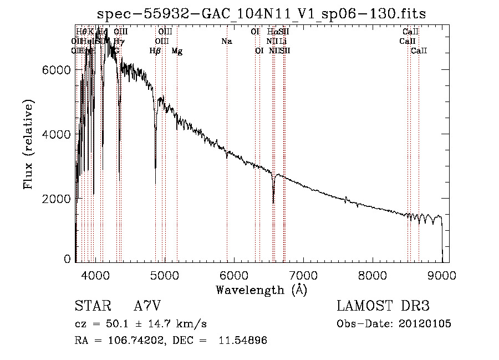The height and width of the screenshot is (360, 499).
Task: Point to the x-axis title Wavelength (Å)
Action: coord(261,290)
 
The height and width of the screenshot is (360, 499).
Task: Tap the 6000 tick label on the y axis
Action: coord(56,70)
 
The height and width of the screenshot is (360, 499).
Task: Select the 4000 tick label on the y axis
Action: coord(56,134)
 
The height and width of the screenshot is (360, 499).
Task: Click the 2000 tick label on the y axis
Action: coord(56,199)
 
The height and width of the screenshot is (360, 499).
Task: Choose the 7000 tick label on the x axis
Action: coord(303,275)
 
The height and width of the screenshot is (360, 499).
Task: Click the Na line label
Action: coord(226,41)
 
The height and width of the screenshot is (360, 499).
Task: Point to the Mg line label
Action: coord(177,51)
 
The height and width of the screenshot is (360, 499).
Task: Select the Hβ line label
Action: coord(155,51)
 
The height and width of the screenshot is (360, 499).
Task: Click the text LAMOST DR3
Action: coord(383,306)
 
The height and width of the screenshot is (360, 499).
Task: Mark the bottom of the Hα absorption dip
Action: coord(273,203)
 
